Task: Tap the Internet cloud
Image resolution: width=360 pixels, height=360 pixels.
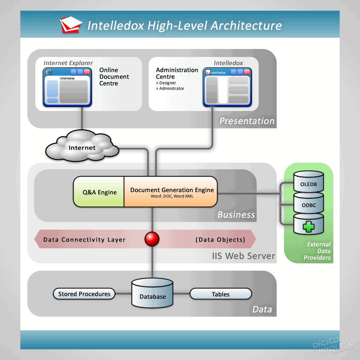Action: coord(82,147)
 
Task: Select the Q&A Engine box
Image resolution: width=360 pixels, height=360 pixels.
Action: coord(99,192)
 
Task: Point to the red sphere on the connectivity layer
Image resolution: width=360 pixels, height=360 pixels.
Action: coord(152,239)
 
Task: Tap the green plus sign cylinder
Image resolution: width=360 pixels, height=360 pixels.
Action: coord(308,226)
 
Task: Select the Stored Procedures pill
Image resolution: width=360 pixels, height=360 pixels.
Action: coord(84,294)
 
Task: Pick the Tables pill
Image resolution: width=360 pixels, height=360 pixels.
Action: coord(220,294)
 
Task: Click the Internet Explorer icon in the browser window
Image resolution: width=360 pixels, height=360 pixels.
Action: coord(49,72)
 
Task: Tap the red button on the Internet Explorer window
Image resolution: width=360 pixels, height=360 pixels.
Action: coord(87,72)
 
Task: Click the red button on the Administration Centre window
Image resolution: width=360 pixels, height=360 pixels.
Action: coord(247,72)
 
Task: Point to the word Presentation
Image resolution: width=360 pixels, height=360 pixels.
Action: coord(247,121)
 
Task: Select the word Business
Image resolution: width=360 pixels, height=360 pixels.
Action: coord(236,215)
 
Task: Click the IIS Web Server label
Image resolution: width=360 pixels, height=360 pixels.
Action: coord(243,256)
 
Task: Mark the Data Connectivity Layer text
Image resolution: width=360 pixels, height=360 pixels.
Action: coord(84,240)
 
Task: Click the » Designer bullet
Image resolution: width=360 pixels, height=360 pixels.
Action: coord(166,83)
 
